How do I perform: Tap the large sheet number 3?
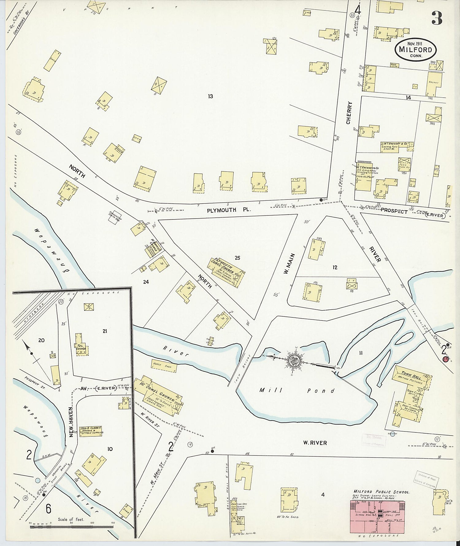[437, 18]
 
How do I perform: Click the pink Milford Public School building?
[378, 517]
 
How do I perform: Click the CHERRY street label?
[349, 113]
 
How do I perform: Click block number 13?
[210, 96]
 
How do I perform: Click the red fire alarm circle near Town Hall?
[446, 358]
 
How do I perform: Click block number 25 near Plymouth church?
[237, 258]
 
